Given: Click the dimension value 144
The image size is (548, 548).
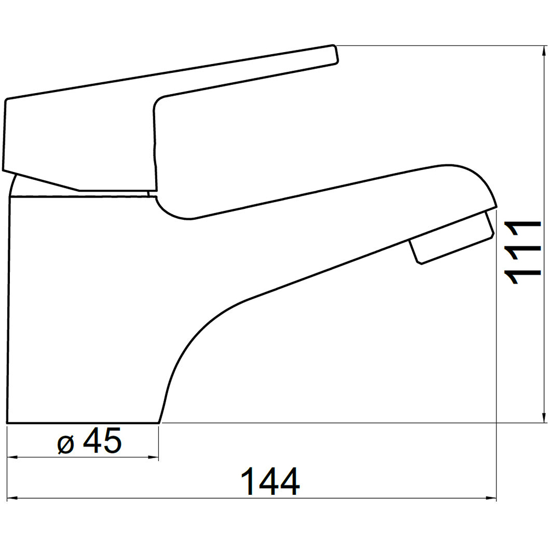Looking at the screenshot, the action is click(x=271, y=481).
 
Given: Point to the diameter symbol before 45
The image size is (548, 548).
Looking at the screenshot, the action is click(x=66, y=444).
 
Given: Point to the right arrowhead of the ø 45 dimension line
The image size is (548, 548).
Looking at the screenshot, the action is click(x=154, y=457).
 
